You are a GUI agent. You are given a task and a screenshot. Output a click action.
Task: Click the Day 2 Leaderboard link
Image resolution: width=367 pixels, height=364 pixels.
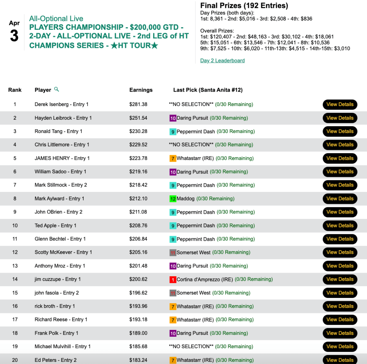click(222, 60)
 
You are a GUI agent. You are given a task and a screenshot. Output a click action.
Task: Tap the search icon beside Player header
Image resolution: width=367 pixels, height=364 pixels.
click(56, 89)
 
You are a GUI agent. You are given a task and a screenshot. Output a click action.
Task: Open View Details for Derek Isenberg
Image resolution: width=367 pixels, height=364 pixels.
click(340, 105)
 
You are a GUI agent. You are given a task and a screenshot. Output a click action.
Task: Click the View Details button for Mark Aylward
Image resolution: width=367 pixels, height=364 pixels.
click(340, 199)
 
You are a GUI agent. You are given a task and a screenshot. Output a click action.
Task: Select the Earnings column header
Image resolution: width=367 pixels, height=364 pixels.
click(141, 90)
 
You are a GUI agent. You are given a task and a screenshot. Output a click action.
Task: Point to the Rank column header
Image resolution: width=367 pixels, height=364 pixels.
click(15, 90)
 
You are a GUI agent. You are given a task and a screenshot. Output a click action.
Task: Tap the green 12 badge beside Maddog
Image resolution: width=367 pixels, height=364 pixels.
click(173, 199)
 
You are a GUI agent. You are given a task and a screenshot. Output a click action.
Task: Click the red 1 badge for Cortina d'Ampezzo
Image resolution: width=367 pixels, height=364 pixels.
click(173, 279)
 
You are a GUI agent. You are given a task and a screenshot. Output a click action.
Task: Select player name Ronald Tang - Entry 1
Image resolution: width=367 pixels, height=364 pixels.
click(58, 131)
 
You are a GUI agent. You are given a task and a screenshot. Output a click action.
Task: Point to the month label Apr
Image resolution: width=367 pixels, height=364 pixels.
click(14, 23)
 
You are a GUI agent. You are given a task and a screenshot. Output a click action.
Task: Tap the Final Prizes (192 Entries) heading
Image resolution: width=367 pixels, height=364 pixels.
click(244, 5)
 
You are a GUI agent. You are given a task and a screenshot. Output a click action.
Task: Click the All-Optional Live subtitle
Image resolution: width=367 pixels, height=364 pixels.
click(56, 19)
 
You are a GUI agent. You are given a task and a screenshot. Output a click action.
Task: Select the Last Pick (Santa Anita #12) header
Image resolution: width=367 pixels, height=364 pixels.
click(208, 90)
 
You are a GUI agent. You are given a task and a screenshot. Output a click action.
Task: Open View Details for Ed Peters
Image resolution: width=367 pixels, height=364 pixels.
click(340, 360)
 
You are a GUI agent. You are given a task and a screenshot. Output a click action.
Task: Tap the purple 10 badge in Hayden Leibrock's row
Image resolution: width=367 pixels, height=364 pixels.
click(173, 118)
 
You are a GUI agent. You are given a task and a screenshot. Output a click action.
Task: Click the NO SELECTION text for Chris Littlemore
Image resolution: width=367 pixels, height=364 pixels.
click(191, 145)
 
